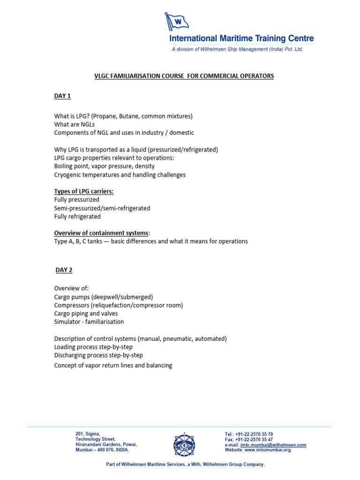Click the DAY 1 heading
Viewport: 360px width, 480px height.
click(x=62, y=96)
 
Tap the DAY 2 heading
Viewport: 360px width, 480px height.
click(x=63, y=270)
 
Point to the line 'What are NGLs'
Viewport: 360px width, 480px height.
click(x=74, y=124)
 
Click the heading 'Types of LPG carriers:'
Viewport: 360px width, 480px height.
click(x=83, y=191)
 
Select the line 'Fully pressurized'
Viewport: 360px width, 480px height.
click(x=77, y=200)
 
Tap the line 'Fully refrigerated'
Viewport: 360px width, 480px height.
click(x=77, y=217)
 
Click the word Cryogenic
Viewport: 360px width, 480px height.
click(x=69, y=175)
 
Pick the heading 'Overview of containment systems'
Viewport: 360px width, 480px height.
click(x=100, y=233)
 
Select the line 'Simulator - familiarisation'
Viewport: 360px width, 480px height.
click(x=89, y=322)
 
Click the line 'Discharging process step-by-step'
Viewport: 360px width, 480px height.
click(x=98, y=355)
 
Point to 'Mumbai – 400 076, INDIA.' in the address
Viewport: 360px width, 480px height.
click(x=102, y=450)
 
